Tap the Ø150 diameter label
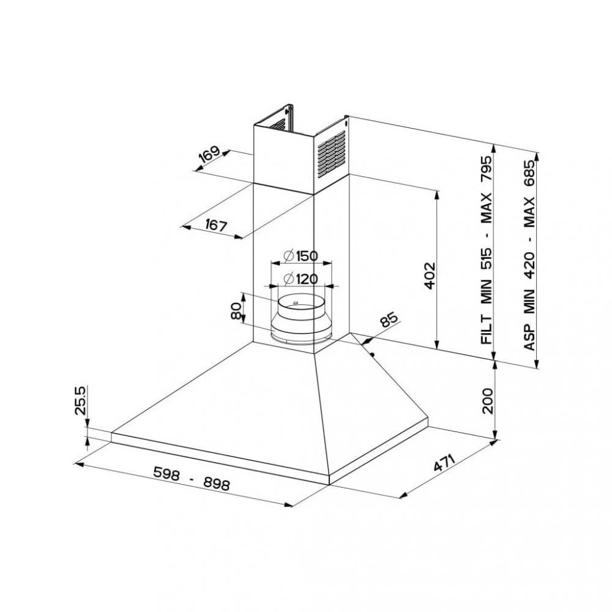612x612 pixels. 300,256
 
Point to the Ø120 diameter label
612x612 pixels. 300,279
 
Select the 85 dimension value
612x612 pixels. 389,320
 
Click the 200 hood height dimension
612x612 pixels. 488,400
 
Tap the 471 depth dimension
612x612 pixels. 445,463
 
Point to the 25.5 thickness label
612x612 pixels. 80,401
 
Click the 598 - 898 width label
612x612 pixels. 191,478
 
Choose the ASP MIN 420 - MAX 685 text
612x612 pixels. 530,251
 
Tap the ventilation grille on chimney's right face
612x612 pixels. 331,153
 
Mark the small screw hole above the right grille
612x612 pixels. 346,122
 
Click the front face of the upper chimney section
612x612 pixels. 283,158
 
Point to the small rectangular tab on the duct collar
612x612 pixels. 295,302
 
